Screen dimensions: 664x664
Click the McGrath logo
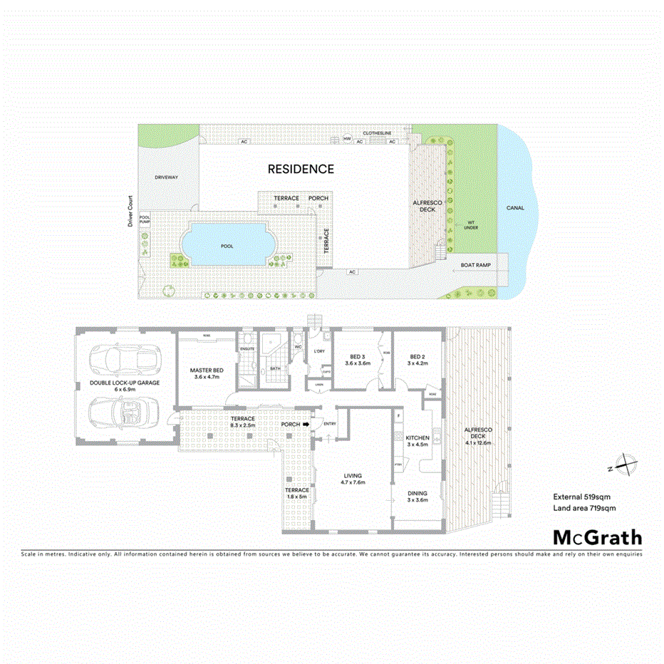tap(597, 537)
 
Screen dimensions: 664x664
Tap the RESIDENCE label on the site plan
tap(300, 169)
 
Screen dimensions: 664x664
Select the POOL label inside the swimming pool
tap(227, 246)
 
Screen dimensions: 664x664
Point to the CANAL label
tap(514, 208)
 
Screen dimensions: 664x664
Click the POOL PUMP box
tap(145, 220)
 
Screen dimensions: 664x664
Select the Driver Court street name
tap(130, 212)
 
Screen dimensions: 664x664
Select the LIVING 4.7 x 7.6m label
tap(353, 479)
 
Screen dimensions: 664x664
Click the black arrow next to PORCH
tap(306, 425)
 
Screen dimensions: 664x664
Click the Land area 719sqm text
tap(584, 508)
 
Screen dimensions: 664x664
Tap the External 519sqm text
tap(584, 497)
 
